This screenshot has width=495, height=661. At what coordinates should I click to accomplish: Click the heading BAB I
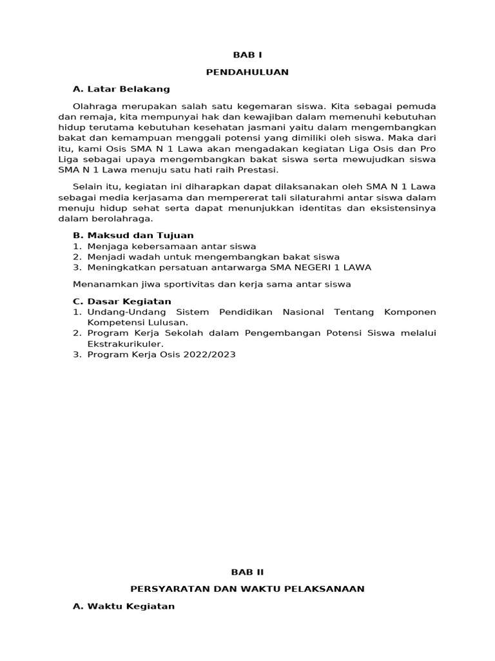(247, 56)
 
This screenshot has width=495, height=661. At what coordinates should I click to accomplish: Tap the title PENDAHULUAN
(247, 72)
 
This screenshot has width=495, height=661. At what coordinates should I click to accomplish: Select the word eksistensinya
(400, 208)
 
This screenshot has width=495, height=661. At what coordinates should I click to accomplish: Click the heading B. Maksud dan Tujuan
(133, 236)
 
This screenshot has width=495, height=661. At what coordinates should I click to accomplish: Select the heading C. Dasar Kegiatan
(122, 301)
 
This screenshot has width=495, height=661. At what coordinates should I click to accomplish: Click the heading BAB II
(247, 572)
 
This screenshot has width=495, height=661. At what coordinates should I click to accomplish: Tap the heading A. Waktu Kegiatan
(124, 606)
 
